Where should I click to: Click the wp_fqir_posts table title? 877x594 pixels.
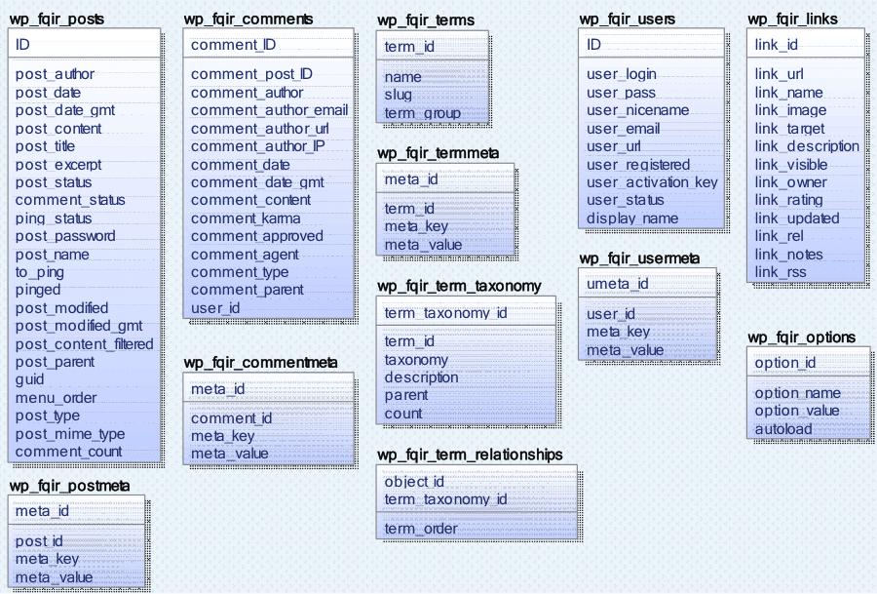(56, 19)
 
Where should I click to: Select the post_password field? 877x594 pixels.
(65, 236)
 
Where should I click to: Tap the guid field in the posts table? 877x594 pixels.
(30, 379)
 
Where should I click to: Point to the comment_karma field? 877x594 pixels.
(246, 218)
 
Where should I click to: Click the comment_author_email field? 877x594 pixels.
(269, 110)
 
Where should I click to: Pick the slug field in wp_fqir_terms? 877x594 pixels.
(399, 95)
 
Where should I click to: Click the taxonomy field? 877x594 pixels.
(416, 360)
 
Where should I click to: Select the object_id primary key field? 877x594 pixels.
(414, 482)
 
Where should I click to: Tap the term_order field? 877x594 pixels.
(421, 529)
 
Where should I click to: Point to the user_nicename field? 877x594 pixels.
(637, 110)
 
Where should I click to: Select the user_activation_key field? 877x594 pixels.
(652, 182)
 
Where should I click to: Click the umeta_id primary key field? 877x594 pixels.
(618, 284)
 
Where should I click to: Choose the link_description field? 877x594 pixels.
(807, 146)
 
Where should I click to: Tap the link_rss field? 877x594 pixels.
(781, 272)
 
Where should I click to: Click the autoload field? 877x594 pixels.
(783, 428)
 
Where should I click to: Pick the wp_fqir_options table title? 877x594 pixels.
(801, 337)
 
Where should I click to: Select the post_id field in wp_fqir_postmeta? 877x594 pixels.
(39, 541)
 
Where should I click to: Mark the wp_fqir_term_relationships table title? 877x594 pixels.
(470, 455)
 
